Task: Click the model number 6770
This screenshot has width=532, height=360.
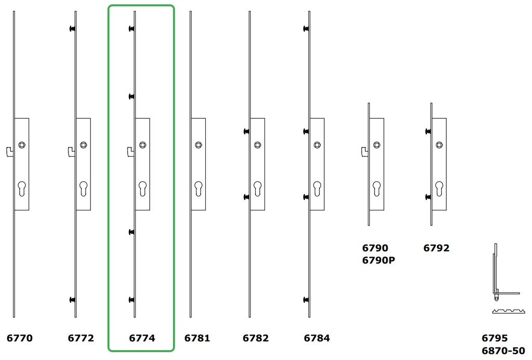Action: [20, 338]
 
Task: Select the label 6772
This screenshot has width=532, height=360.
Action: [81, 338]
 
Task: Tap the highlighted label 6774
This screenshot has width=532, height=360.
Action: [142, 338]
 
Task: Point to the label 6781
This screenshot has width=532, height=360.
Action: [197, 338]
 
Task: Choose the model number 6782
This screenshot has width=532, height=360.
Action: [256, 338]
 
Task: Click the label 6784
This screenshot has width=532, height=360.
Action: [317, 338]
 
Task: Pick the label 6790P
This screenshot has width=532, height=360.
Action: [379, 260]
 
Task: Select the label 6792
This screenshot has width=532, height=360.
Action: [436, 248]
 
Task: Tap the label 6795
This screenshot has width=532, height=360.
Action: [495, 338]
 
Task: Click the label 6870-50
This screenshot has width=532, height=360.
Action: [503, 351]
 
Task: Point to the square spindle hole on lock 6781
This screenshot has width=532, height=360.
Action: [198, 145]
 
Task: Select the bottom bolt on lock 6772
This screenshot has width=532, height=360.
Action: [73, 300]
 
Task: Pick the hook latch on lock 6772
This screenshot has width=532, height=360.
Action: [71, 151]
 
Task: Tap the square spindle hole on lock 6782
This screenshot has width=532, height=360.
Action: [257, 145]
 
